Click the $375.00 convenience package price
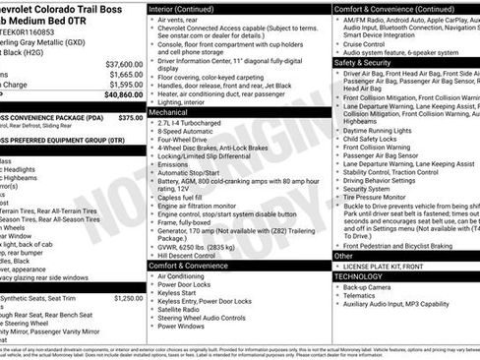[x=130, y=117]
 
